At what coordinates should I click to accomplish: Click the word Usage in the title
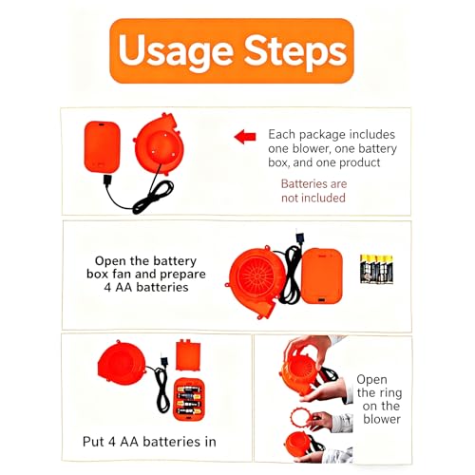(176, 50)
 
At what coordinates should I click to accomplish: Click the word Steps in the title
(295, 50)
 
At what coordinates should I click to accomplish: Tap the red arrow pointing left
(245, 137)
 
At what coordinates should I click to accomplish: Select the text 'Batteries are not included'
(313, 191)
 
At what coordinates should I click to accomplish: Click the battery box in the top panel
(102, 146)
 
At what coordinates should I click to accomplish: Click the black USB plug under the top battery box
(107, 180)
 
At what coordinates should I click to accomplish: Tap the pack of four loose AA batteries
(376, 269)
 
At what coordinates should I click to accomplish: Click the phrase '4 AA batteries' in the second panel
(146, 287)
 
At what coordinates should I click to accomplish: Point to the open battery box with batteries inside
(189, 399)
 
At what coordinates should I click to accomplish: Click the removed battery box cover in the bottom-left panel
(188, 354)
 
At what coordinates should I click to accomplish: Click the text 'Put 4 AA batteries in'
(149, 442)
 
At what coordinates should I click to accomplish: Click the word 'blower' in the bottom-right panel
(382, 419)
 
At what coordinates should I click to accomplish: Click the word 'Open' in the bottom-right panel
(371, 380)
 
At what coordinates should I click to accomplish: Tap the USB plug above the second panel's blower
(299, 237)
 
